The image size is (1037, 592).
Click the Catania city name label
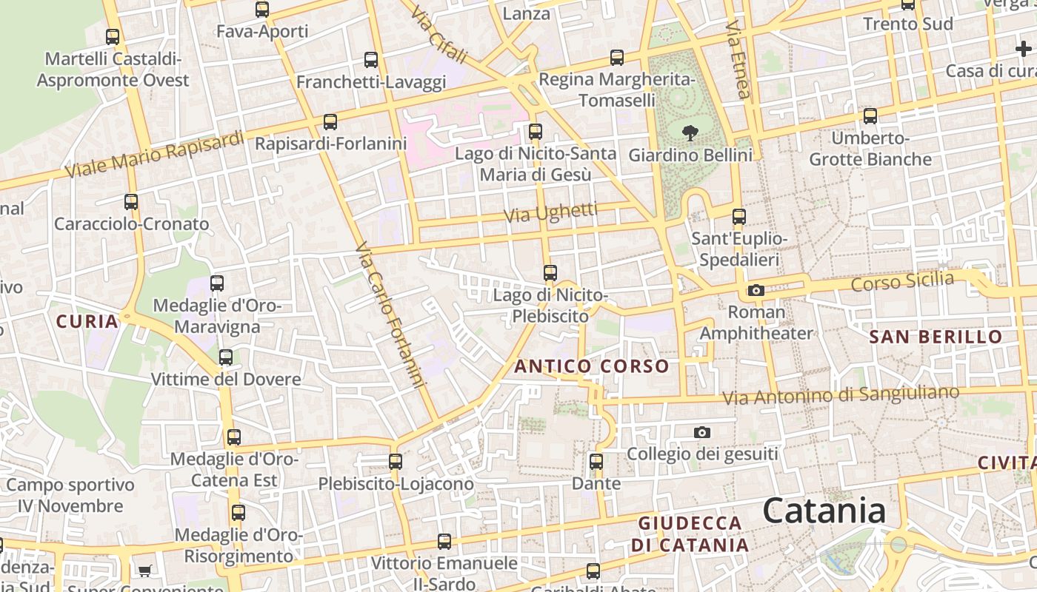point(824,511)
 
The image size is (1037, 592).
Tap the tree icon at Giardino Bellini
point(690,133)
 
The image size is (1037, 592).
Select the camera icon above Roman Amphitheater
point(756,290)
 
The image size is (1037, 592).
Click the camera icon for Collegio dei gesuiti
point(701,432)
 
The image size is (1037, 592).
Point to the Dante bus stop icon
point(596,462)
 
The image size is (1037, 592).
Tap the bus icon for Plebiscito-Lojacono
point(396,462)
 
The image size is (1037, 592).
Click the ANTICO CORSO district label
point(592,366)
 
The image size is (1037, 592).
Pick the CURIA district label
point(87,321)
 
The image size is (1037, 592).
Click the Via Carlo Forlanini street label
point(390,315)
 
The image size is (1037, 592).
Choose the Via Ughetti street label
point(550,213)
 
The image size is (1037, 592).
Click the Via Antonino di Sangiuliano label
point(841,395)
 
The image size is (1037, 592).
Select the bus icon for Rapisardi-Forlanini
point(330,121)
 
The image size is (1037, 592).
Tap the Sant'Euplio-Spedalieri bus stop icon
point(738,217)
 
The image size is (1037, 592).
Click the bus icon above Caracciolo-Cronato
point(131,201)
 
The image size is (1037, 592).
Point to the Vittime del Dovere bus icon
point(226,357)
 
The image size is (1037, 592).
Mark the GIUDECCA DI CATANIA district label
point(690,534)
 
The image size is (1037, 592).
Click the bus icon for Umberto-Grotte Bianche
point(870,116)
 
